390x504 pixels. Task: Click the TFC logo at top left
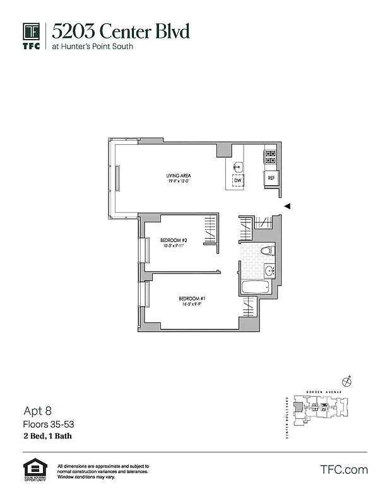click(x=32, y=36)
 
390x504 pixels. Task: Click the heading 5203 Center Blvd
click(x=121, y=31)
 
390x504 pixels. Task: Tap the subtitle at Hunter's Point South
click(x=93, y=47)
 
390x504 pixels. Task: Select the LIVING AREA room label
click(x=179, y=175)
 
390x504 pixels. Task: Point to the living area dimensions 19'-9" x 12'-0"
click(x=179, y=181)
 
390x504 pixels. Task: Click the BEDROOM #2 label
click(x=174, y=240)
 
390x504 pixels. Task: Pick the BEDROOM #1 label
click(x=192, y=298)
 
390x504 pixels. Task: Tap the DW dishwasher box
click(x=238, y=181)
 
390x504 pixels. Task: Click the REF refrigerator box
click(x=271, y=178)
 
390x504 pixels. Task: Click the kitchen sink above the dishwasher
click(x=238, y=166)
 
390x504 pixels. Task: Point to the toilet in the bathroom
click(x=267, y=251)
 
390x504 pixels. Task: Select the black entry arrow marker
click(x=287, y=206)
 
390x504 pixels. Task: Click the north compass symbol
click(x=346, y=381)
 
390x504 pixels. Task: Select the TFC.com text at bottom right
click(x=343, y=470)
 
